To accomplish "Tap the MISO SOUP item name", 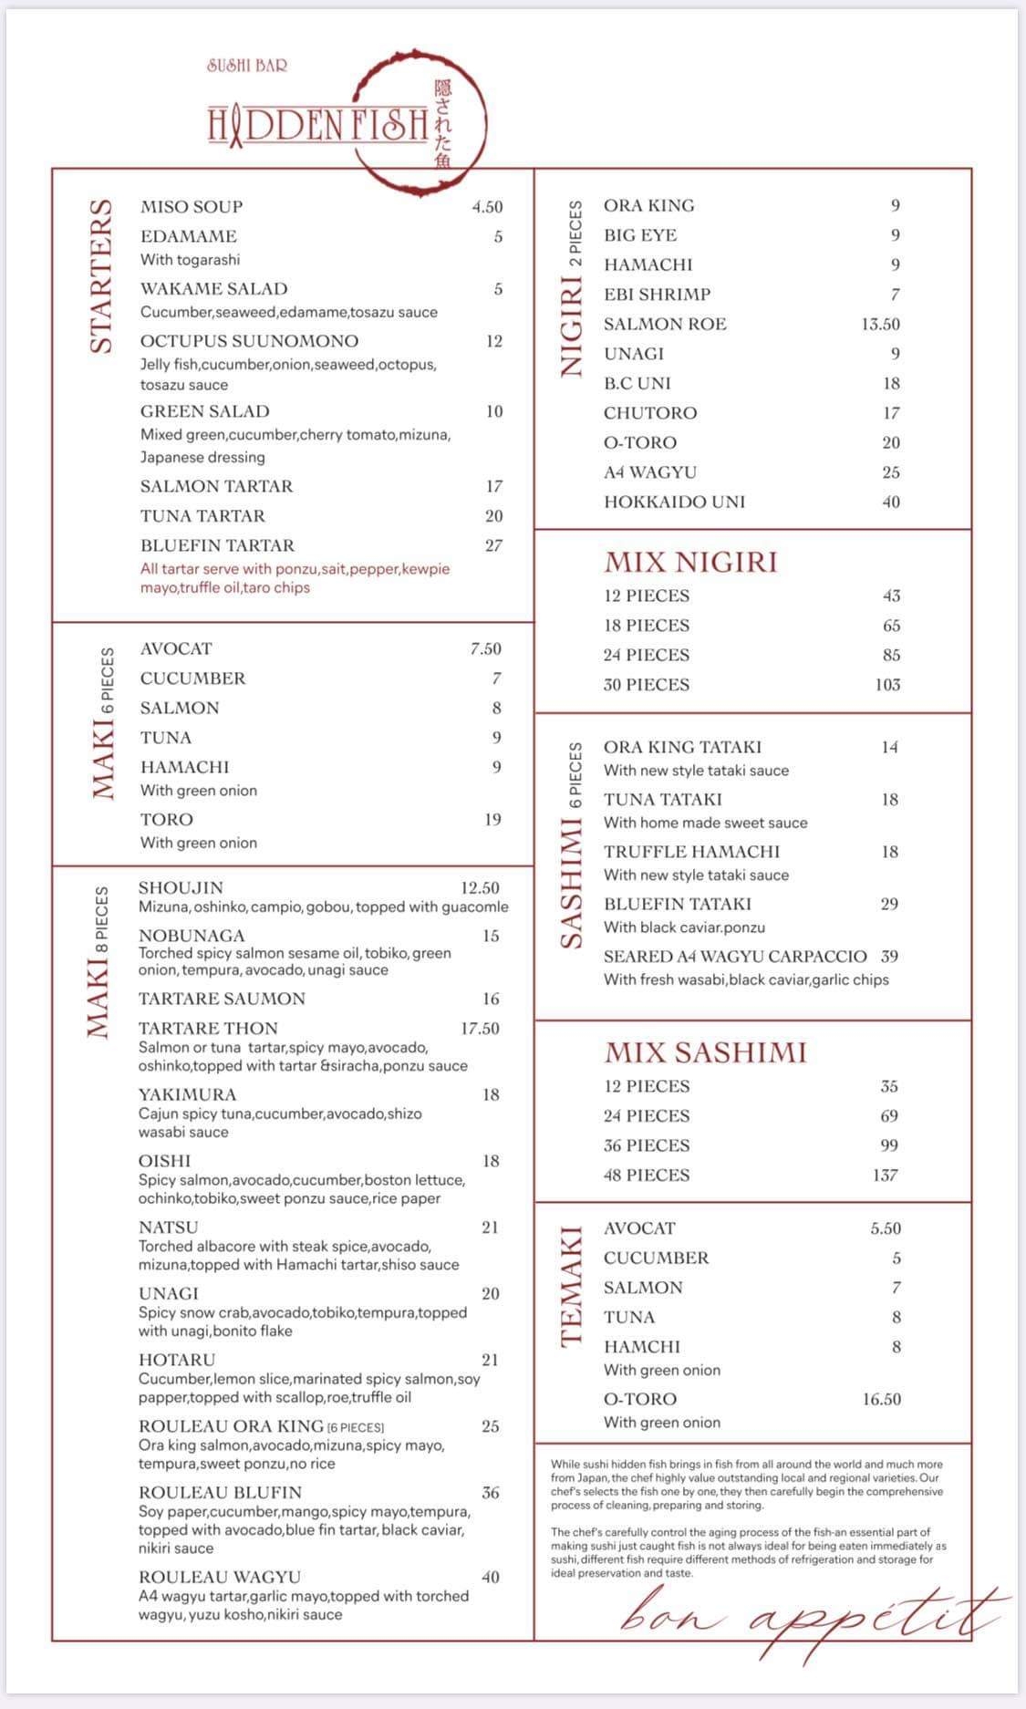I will click(x=192, y=207).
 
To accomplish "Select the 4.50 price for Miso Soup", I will click(x=487, y=207).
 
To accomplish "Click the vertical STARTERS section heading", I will click(x=101, y=275).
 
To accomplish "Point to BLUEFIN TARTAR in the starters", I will click(x=217, y=545).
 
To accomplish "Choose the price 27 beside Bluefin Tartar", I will click(x=493, y=545).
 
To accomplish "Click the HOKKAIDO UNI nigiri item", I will click(x=674, y=502).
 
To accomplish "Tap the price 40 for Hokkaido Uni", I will click(x=890, y=502).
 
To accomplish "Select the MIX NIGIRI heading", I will click(x=690, y=562).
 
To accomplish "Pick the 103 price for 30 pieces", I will click(x=887, y=684).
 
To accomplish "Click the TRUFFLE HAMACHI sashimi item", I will click(x=691, y=852).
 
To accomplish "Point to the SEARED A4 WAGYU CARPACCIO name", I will click(x=735, y=957).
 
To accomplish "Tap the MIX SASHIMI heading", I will click(x=705, y=1052).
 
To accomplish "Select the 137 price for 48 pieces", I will click(x=885, y=1175).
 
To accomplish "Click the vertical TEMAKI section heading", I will click(x=571, y=1287).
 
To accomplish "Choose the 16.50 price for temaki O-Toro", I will click(x=881, y=1399).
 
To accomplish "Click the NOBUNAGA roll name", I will click(x=192, y=936).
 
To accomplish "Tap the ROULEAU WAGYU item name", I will click(x=219, y=1577).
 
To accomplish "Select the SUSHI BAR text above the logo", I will click(x=247, y=66).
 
